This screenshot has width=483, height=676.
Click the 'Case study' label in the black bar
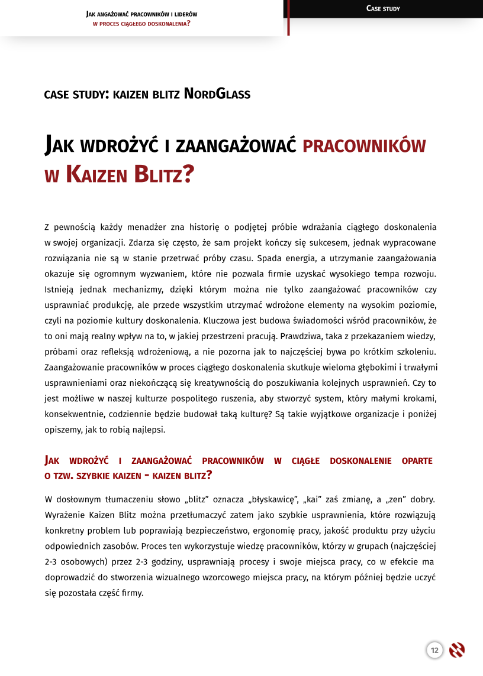(383, 8)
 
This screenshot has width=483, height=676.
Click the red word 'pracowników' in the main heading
(364, 145)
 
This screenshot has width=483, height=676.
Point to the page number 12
(434, 651)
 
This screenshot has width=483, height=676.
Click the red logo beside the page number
(456, 651)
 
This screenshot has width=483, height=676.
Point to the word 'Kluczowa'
(221, 320)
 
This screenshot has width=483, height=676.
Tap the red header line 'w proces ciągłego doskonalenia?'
(141, 24)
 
